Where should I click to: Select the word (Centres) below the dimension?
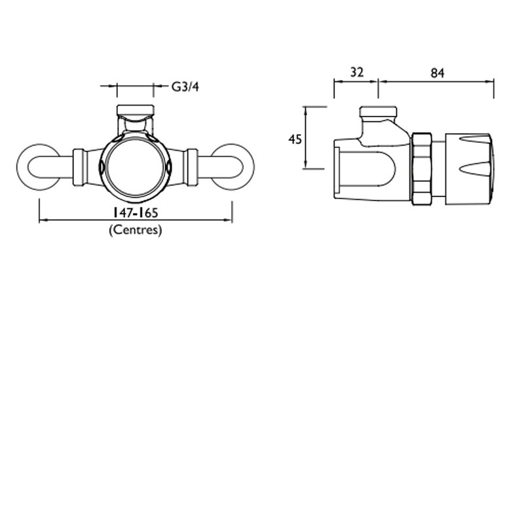point(135,230)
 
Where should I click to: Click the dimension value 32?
point(356,73)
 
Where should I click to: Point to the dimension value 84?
point(438,73)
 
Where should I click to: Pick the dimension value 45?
point(295,138)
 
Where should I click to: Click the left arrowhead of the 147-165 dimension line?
point(42,220)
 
